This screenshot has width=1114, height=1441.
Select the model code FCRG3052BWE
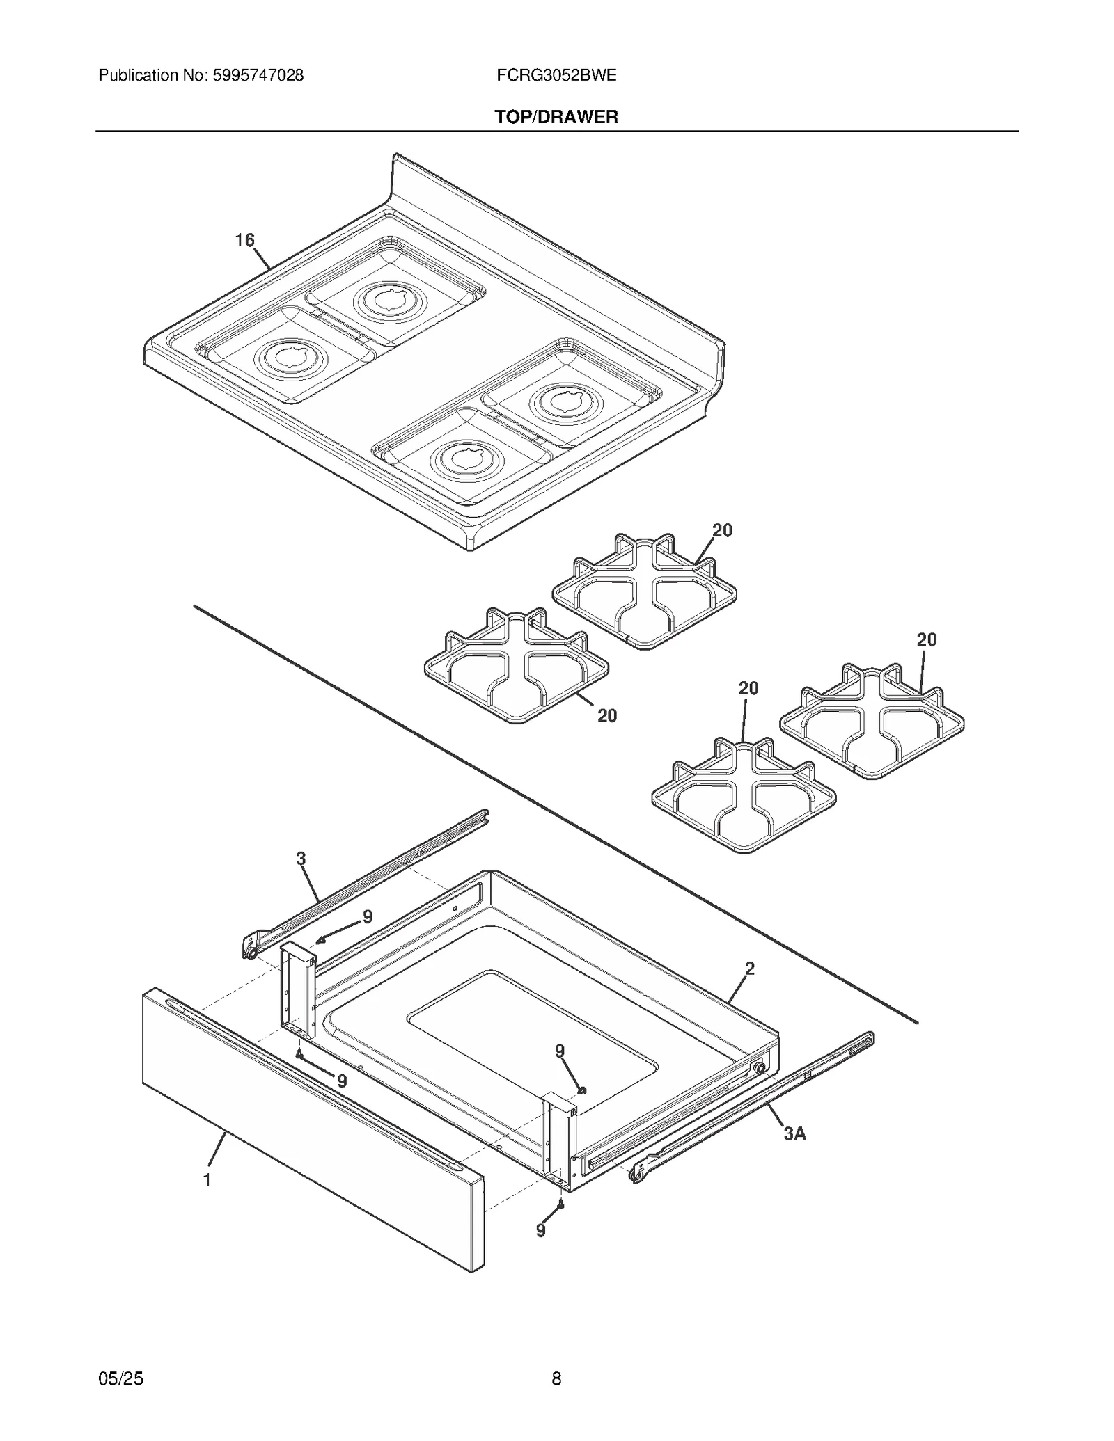pos(556,75)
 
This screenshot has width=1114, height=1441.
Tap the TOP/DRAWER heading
pos(556,117)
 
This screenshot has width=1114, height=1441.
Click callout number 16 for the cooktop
pos(244,240)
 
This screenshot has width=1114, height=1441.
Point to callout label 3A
pos(794,1133)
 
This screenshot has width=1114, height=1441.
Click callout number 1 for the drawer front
pos(207,1180)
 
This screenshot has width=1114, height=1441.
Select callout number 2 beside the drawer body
pos(750,968)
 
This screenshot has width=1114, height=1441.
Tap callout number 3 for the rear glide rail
pos(301,859)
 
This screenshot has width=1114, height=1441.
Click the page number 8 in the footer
pos(556,1378)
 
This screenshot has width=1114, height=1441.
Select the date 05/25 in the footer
pos(121,1378)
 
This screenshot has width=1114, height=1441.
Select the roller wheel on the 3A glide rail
pos(634,1176)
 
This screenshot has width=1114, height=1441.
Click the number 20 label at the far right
pos(926,639)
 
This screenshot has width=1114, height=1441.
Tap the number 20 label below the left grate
pos(607,715)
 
